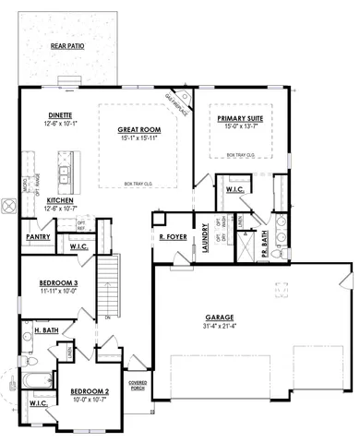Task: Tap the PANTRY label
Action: (37, 237)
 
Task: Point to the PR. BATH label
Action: (265, 238)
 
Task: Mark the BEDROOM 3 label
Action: (57, 282)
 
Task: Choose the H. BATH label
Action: (46, 329)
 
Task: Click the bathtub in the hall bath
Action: (39, 380)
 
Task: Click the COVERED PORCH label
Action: (138, 383)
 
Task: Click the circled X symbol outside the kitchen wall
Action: (9, 209)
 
